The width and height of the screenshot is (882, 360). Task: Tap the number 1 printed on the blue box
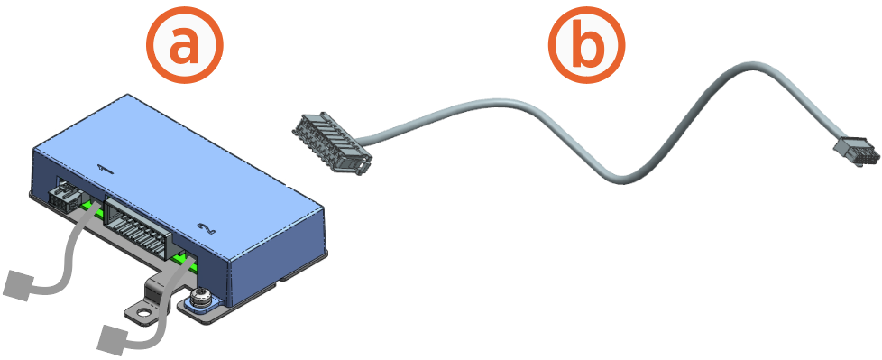104,167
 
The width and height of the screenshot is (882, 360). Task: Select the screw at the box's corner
198,297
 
